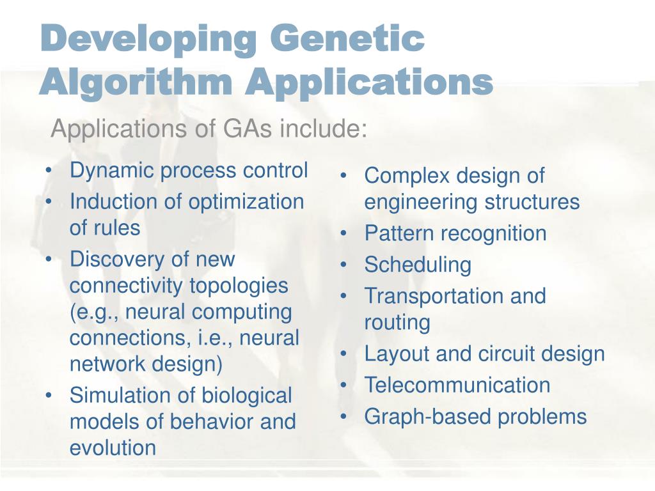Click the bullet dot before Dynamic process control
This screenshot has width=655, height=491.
(x=49, y=171)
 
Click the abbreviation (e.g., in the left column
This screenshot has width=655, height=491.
(x=92, y=313)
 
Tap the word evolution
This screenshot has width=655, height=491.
(x=113, y=448)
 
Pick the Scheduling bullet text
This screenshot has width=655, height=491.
(x=418, y=265)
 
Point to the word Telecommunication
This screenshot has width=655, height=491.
(x=457, y=385)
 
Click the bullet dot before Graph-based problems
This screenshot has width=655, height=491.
(x=344, y=417)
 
